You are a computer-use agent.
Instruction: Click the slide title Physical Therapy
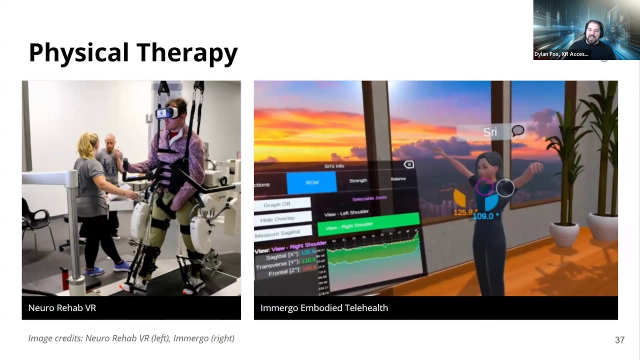point(133,53)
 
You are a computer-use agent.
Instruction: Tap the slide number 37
point(619,340)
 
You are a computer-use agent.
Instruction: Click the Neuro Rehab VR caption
point(62,308)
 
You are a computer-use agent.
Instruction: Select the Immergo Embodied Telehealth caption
point(324,308)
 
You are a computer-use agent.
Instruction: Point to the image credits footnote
point(131,338)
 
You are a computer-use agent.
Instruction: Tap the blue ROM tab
point(311,182)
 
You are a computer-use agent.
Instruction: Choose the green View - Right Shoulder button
point(368,225)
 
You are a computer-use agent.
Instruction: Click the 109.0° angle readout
point(486,216)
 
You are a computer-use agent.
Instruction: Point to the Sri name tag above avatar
point(490,132)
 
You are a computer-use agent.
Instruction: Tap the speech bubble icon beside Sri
point(518,131)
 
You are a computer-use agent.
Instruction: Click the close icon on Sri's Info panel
point(408,164)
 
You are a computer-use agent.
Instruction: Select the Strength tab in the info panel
point(358,180)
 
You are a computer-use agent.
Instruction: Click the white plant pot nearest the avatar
point(564,234)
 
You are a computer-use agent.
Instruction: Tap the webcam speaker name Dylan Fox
point(561,54)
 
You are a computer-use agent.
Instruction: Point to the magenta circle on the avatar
point(483,187)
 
